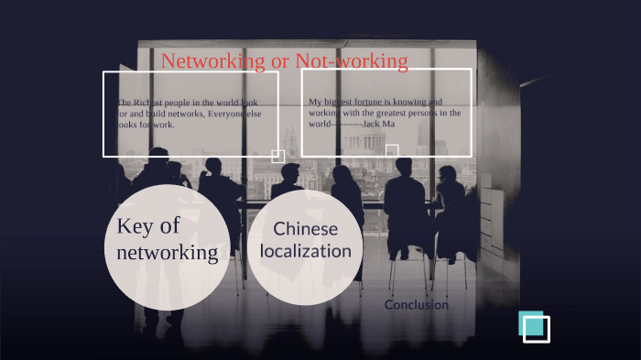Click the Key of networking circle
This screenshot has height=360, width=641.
point(167,241)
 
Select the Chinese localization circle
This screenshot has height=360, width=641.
point(305,240)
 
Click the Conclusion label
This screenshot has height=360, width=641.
point(417,305)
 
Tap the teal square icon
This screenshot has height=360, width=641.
point(532,324)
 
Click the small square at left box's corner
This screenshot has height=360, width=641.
point(277,157)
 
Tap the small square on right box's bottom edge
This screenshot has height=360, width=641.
point(392,150)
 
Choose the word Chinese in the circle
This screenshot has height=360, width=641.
point(305,229)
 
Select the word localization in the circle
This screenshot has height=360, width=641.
point(305,250)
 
